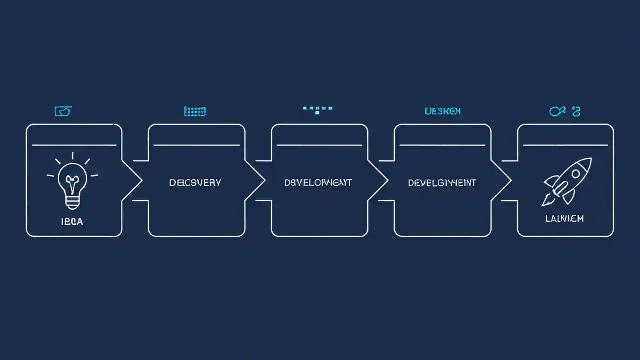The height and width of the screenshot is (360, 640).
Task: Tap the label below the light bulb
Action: (x=73, y=221)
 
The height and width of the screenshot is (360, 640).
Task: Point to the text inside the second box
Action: (x=195, y=182)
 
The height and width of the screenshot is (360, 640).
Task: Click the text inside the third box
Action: (x=318, y=182)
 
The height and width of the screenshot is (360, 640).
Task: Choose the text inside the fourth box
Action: (x=442, y=182)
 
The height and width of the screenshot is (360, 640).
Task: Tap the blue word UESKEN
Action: (x=442, y=111)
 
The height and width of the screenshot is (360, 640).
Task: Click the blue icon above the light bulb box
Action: (x=63, y=111)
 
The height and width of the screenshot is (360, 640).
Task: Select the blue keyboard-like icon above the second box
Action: (x=195, y=111)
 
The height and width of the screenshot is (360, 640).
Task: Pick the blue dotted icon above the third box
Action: (x=317, y=109)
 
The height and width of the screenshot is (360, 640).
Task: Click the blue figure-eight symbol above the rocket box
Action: (x=576, y=111)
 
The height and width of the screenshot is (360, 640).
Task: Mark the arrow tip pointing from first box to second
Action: (x=141, y=181)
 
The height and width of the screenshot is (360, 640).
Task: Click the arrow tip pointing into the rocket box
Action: (x=510, y=181)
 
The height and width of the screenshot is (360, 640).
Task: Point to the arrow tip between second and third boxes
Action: (x=264, y=181)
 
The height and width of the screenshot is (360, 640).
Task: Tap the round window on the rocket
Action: (x=575, y=174)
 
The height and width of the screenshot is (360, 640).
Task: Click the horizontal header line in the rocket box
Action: (x=565, y=145)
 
